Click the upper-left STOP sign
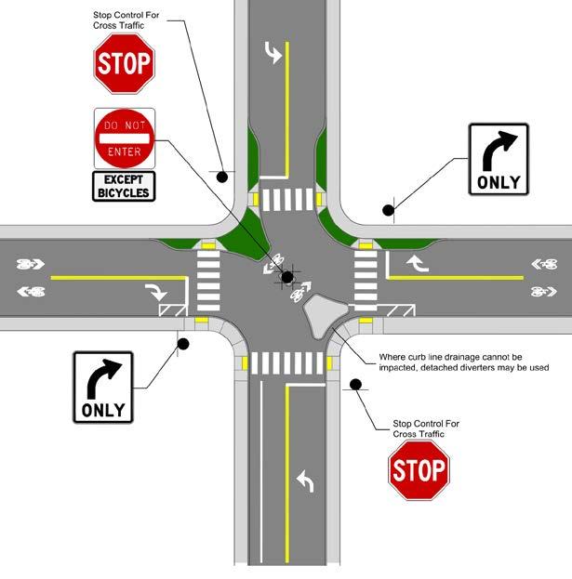[124, 64]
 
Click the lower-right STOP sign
[419, 470]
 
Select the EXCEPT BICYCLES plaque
[124, 186]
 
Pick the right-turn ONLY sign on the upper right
[499, 159]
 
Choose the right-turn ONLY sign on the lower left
[103, 387]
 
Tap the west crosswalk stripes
[208, 282]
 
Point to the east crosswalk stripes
[366, 282]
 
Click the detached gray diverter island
[326, 316]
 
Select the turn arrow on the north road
[273, 54]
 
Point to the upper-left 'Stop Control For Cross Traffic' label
[126, 21]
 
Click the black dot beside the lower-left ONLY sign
[183, 344]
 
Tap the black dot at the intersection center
[286, 276]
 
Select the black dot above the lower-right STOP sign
[355, 384]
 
